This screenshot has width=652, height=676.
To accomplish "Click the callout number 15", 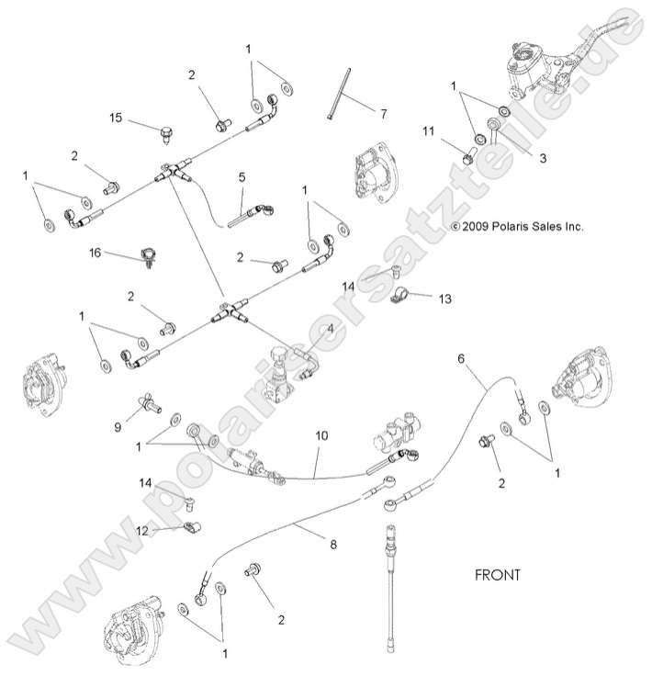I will coord(116,118).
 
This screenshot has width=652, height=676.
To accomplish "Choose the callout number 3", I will coord(542,158).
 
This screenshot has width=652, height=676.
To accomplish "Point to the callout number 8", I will coord(333,544).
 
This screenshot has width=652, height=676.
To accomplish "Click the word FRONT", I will coord(498,576).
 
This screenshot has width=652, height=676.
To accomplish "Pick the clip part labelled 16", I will coord(145,256).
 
